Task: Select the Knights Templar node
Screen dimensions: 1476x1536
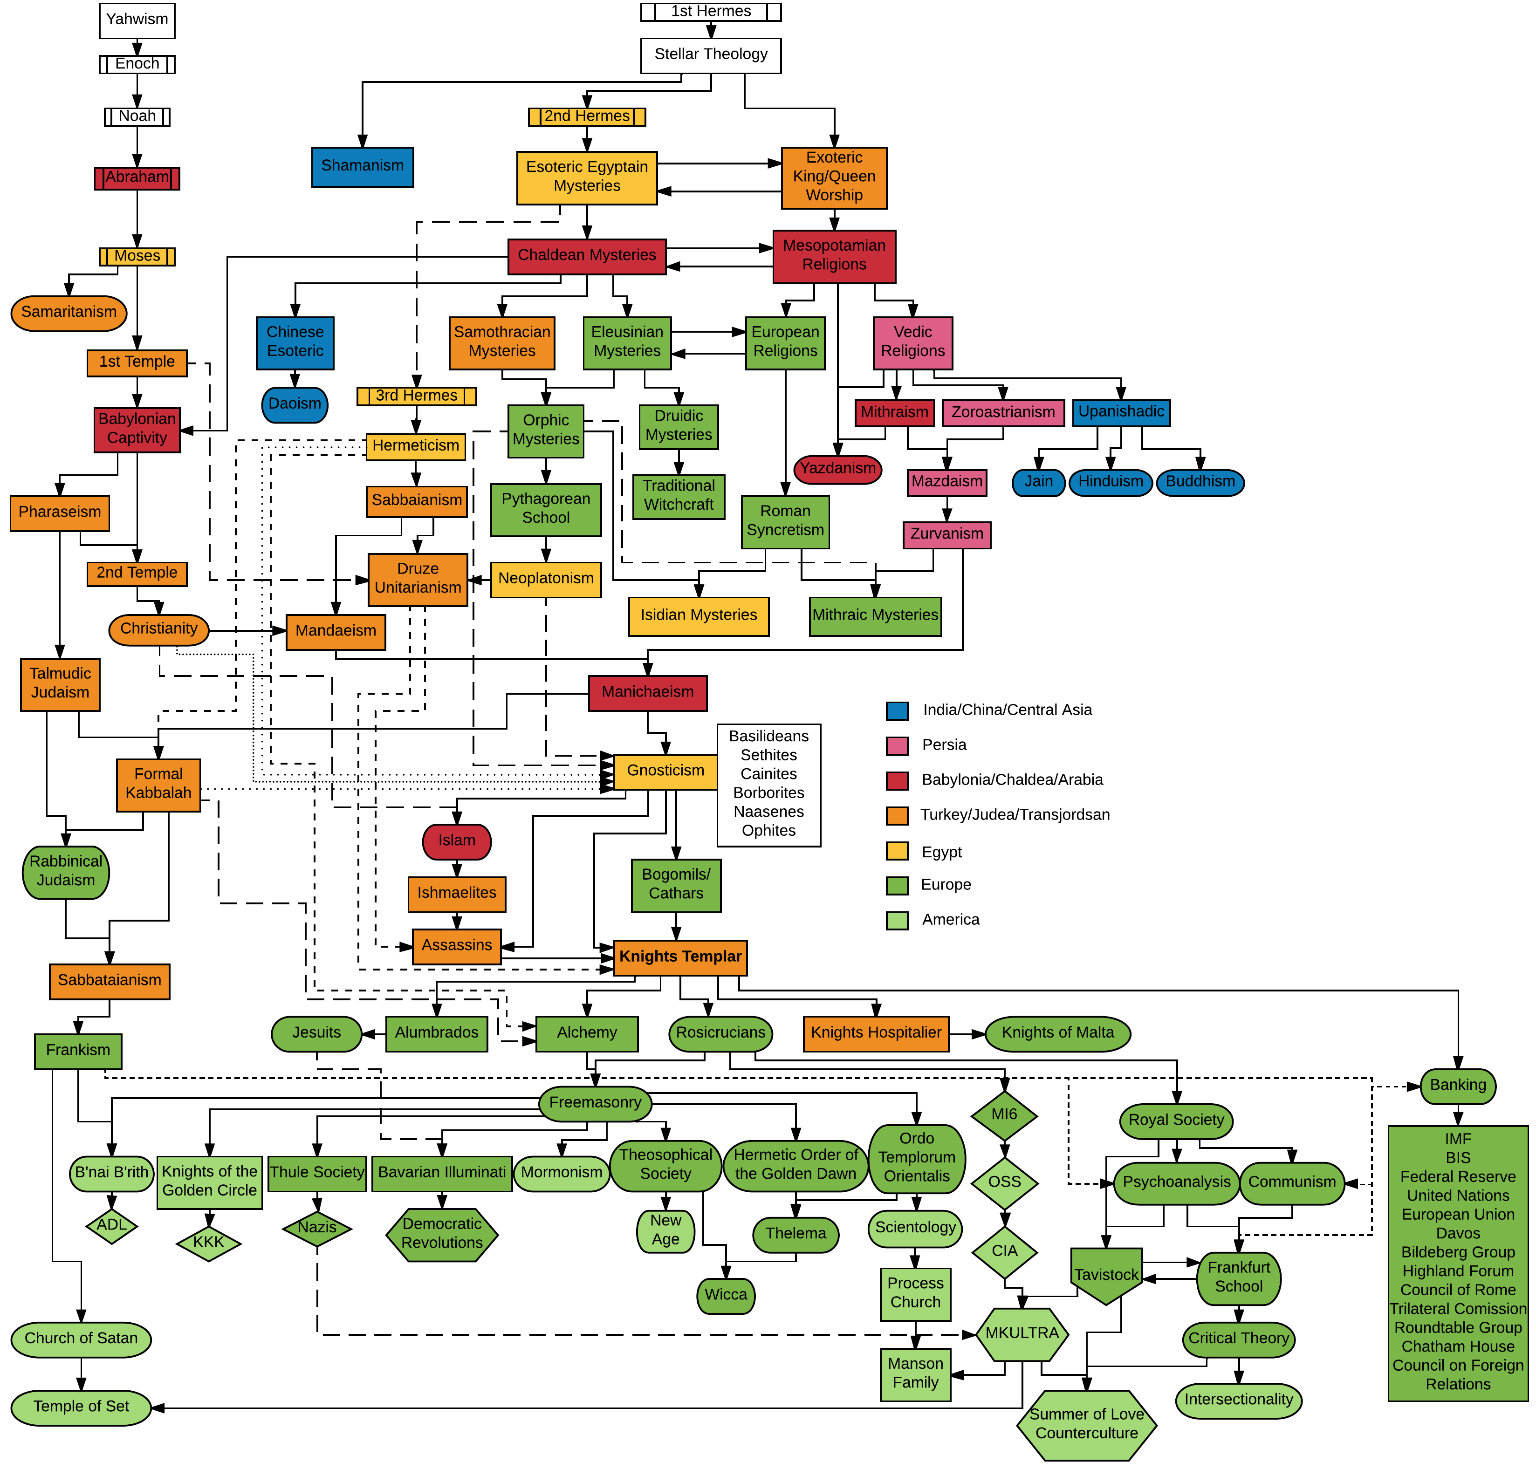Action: [679, 957]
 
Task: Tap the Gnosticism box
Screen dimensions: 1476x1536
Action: [665, 771]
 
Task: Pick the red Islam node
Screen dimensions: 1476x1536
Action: [457, 840]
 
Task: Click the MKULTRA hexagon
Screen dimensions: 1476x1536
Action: [1022, 1333]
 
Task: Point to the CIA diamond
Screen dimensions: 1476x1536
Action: [1005, 1251]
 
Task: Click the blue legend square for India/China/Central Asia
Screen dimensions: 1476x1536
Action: [897, 711]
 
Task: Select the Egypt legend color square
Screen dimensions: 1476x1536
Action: [897, 852]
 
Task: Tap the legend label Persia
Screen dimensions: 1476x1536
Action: [944, 745]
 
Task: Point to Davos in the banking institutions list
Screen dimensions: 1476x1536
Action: [1458, 1233]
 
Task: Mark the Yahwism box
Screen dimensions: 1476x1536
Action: [137, 20]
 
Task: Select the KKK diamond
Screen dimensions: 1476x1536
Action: [208, 1243]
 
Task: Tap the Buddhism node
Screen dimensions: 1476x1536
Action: [1200, 482]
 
